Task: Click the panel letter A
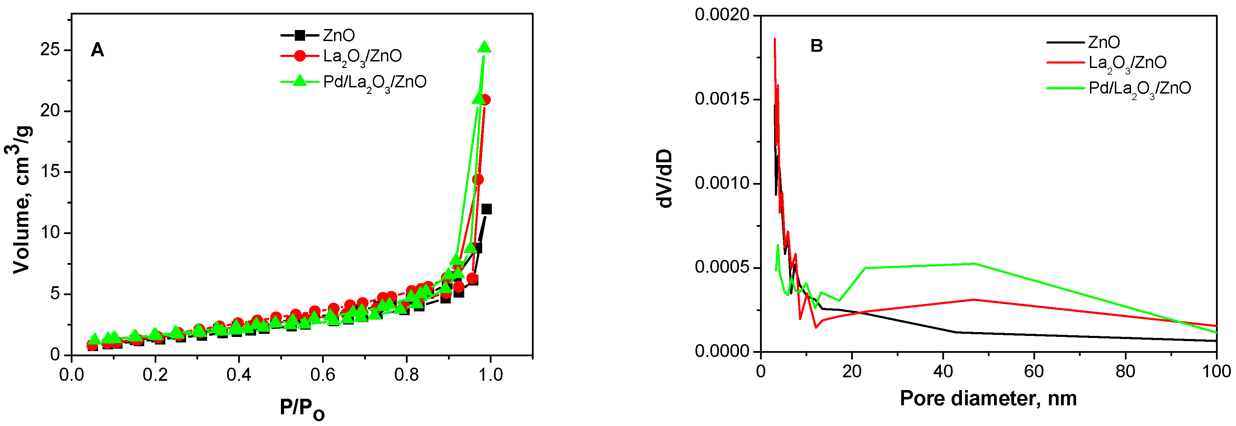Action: point(97,50)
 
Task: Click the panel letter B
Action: point(816,46)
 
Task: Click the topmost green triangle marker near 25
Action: point(485,47)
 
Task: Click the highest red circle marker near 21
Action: point(485,100)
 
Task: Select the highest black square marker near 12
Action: point(487,209)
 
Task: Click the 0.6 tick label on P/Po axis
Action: point(322,375)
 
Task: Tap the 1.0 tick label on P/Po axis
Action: point(490,375)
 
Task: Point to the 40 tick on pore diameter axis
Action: point(943,371)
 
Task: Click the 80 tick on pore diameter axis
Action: point(1125,371)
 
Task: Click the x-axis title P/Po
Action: point(302,409)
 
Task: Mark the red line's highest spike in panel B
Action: point(775,39)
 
